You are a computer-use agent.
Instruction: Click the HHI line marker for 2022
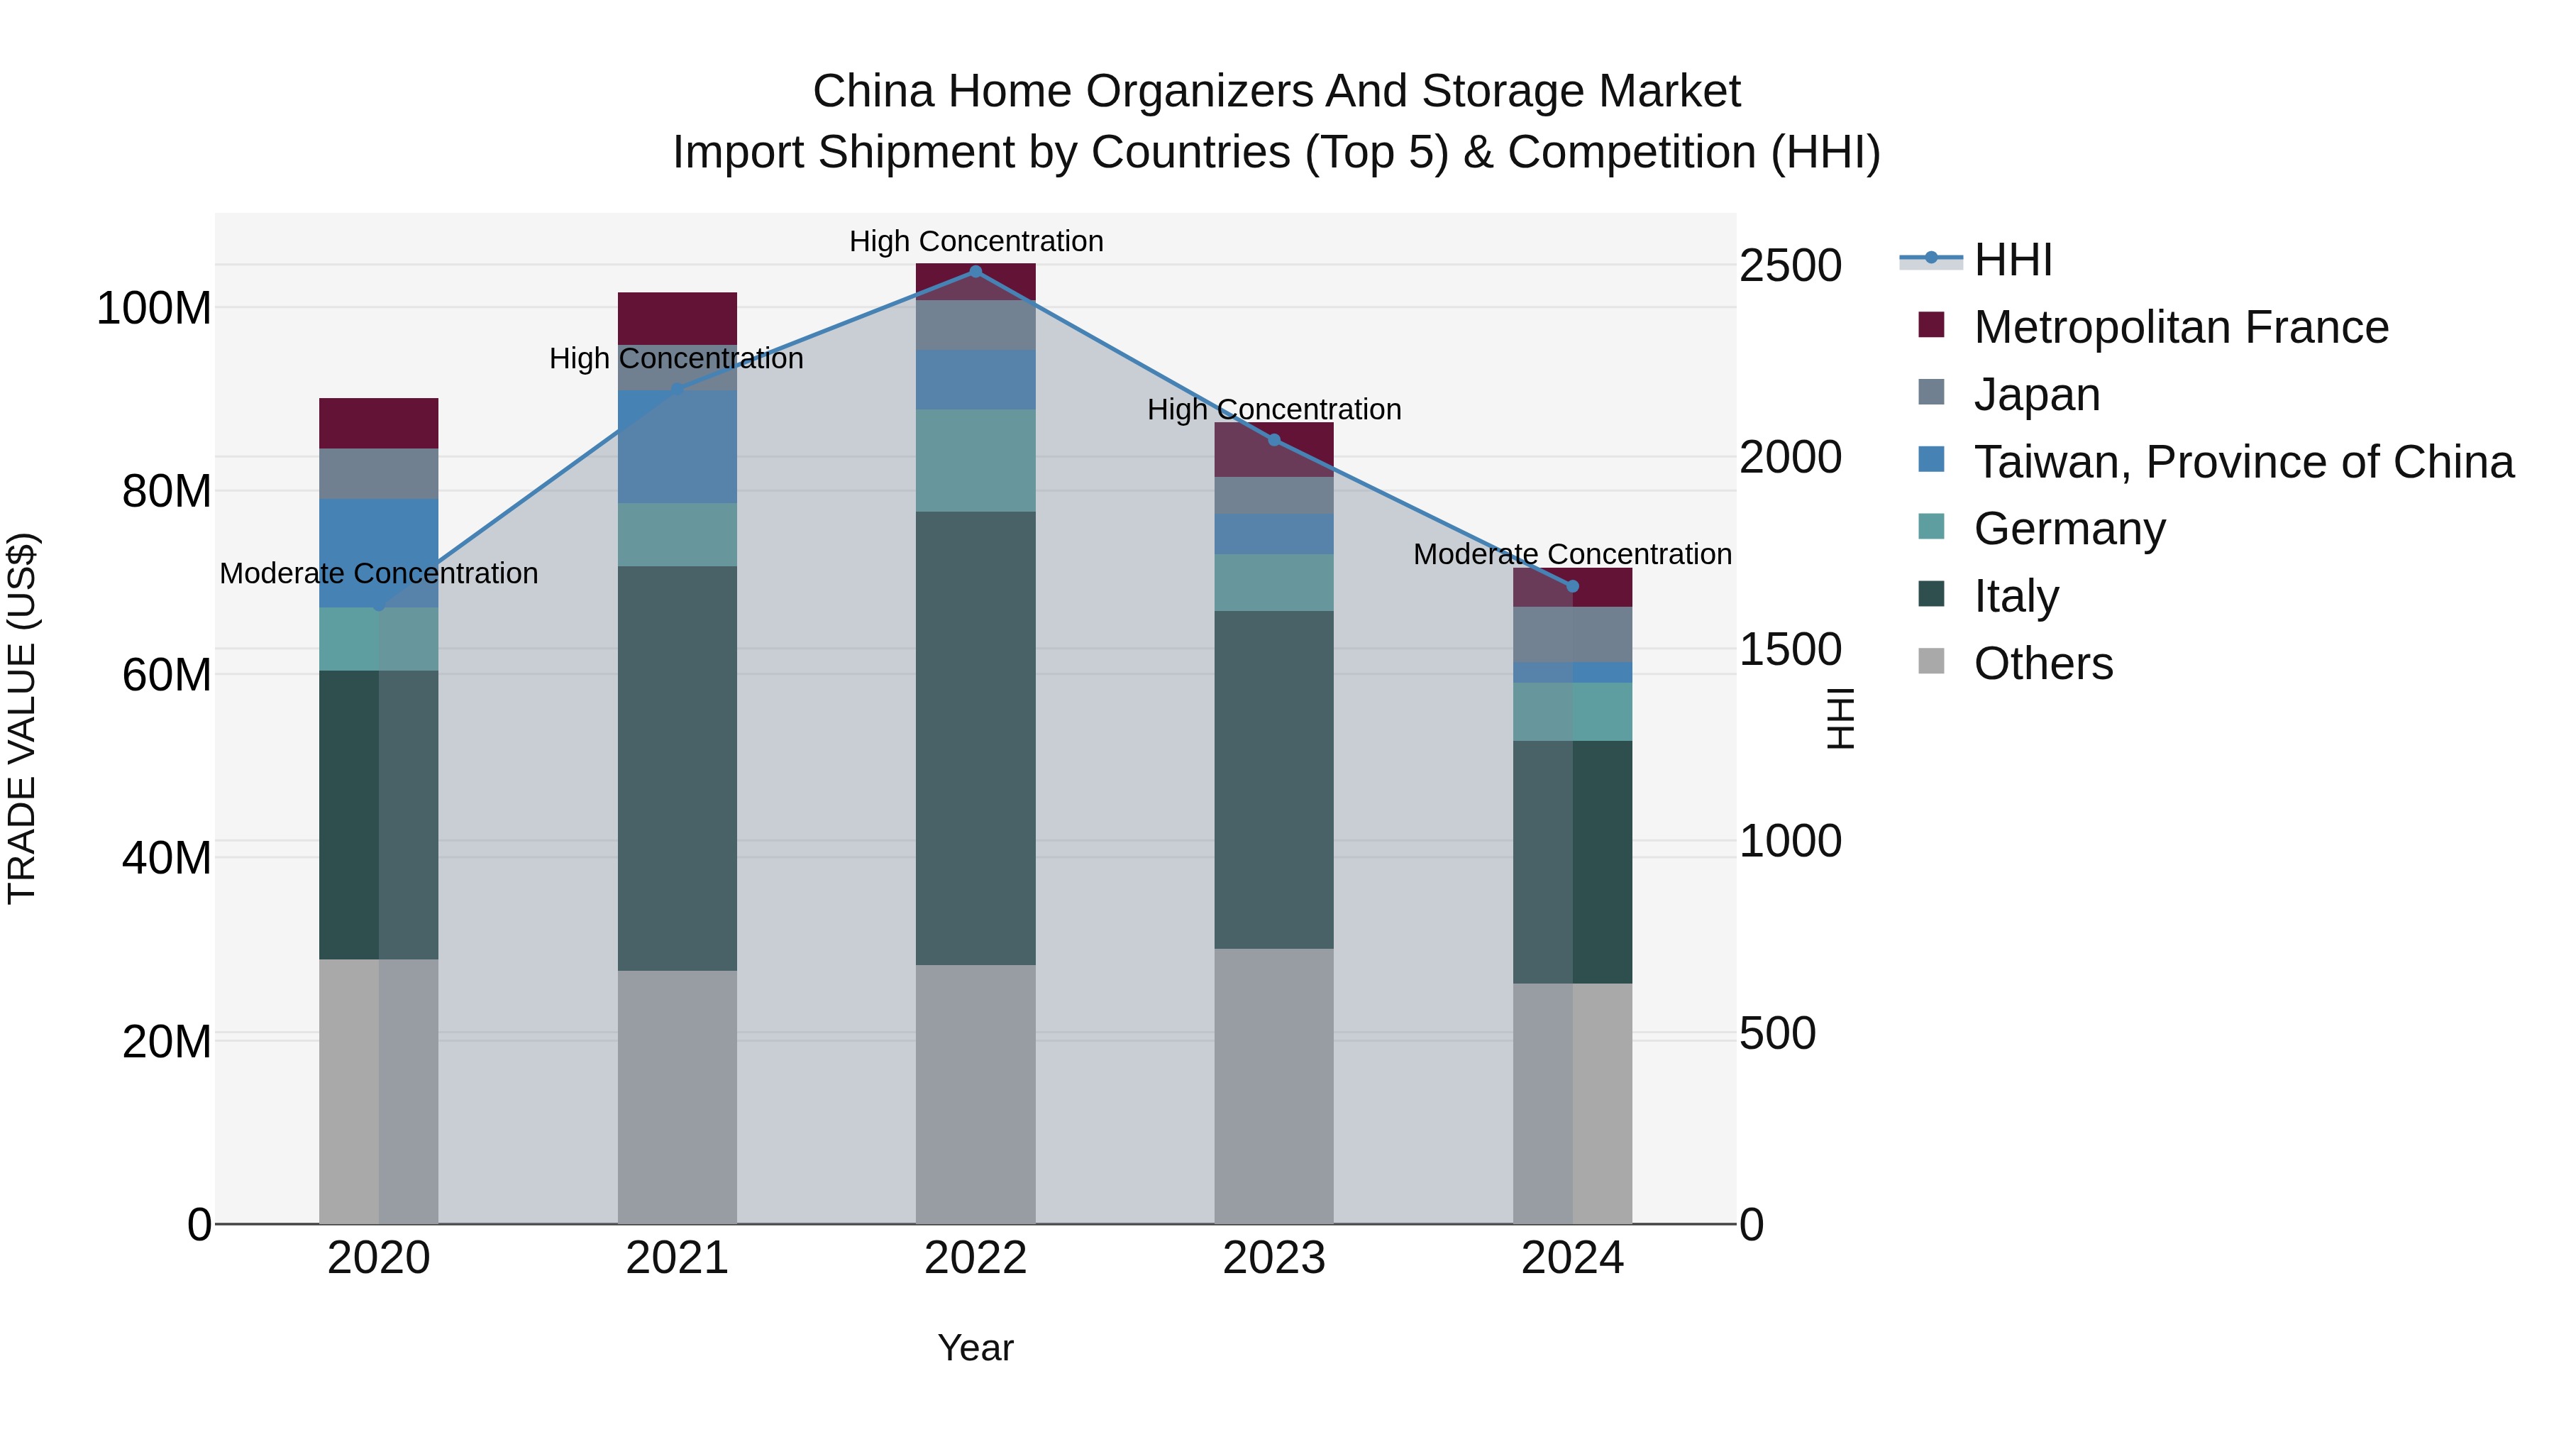pyautogui.click(x=975, y=272)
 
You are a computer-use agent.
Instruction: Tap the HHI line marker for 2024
pyautogui.click(x=1572, y=586)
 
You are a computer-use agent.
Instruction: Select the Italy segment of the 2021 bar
pyautogui.click(x=678, y=769)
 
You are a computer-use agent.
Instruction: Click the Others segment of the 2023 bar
pyautogui.click(x=1274, y=1086)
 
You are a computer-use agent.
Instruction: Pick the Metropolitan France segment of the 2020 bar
pyautogui.click(x=379, y=424)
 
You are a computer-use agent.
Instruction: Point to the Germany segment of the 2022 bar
pyautogui.click(x=975, y=460)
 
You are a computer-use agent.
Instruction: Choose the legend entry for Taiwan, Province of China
pyautogui.click(x=2243, y=462)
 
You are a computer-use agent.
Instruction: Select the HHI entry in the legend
pyautogui.click(x=2013, y=260)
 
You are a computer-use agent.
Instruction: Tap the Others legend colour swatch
pyautogui.click(x=1931, y=661)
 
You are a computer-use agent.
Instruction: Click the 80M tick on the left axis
pyautogui.click(x=167, y=492)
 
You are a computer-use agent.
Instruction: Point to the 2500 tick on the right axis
pyautogui.click(x=1791, y=266)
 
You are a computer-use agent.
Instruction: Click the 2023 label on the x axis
pyautogui.click(x=1274, y=1258)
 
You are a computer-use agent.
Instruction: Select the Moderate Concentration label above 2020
pyautogui.click(x=379, y=573)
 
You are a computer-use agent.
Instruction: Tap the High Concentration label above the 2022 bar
pyautogui.click(x=975, y=241)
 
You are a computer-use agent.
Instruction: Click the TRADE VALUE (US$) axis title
pyautogui.click(x=22, y=718)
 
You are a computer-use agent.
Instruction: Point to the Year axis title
pyautogui.click(x=975, y=1348)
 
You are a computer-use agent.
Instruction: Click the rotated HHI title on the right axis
pyautogui.click(x=1840, y=718)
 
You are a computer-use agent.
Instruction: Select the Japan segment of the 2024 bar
pyautogui.click(x=1572, y=634)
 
